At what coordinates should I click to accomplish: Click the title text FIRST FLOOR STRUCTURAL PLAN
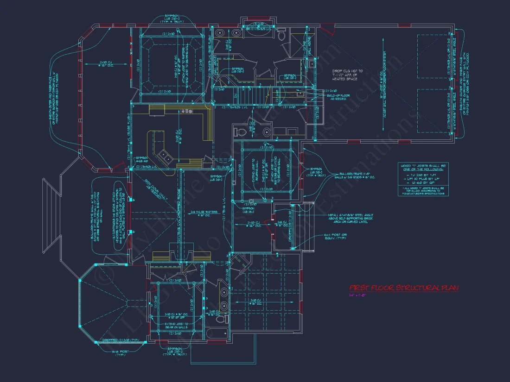pos(403,288)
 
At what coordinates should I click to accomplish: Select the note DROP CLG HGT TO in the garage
pos(347,71)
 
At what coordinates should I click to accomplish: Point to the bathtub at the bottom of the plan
pos(217,333)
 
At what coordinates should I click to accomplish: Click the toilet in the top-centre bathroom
pos(281,34)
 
